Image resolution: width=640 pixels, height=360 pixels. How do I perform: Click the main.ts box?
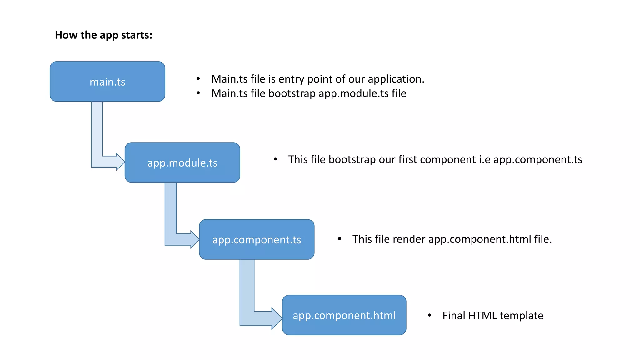(x=107, y=82)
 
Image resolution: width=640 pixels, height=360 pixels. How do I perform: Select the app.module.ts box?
(x=182, y=162)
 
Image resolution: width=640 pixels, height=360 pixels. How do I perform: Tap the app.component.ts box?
(x=257, y=239)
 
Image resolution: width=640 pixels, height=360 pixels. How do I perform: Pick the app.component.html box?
(x=344, y=315)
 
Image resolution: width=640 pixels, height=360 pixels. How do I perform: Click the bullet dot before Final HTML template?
(x=430, y=315)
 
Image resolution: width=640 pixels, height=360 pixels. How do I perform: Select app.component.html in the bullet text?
(x=480, y=239)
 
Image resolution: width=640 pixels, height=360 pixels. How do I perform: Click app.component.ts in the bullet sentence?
(x=537, y=160)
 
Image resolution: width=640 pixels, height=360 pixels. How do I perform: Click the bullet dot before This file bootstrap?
(x=275, y=159)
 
